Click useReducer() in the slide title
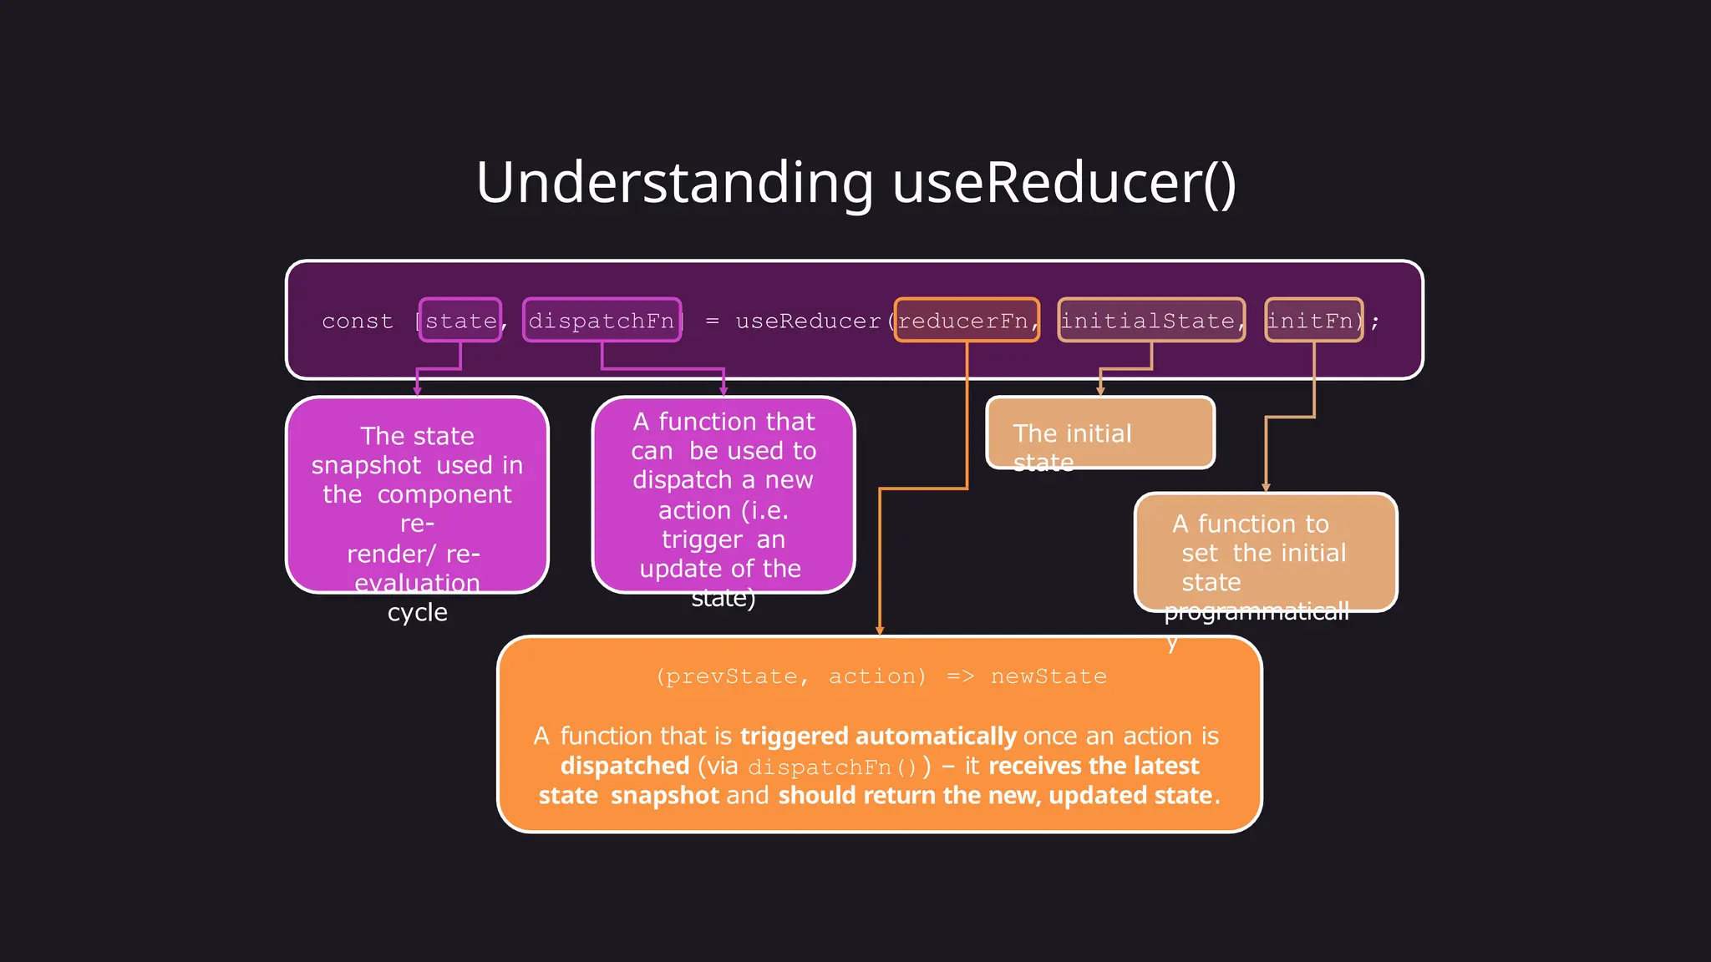pos(1064,183)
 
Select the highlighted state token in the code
pos(460,321)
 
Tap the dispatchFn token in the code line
pos(602,321)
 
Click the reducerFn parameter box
pos(967,321)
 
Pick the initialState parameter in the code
pos(1150,321)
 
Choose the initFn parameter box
pos(1313,321)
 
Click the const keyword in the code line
pos(358,322)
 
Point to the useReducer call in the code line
pos(808,322)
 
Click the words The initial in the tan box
pos(1072,433)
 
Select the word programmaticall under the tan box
pos(1257,612)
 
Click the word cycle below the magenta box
pos(418,613)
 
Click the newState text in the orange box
pos(1048,676)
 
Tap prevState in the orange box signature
pos(732,676)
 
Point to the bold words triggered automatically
pos(878,737)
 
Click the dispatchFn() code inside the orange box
pos(832,767)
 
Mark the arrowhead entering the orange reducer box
pos(880,630)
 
